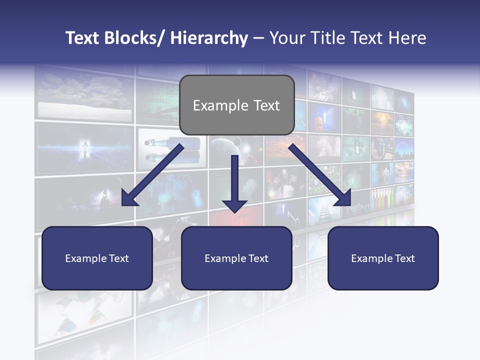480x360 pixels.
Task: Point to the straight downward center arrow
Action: pos(235,180)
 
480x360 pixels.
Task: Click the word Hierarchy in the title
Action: pos(209,38)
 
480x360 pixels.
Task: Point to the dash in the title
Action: pos(258,39)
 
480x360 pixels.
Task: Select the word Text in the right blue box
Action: pos(404,258)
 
